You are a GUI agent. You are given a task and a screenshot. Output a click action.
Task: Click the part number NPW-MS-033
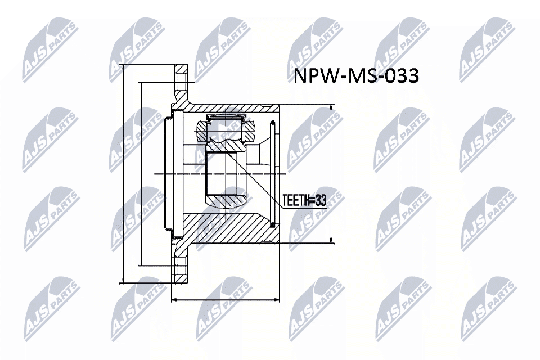click(357, 76)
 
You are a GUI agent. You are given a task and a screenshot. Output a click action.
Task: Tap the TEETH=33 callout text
click(304, 200)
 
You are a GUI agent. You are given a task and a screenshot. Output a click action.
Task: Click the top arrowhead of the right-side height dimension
click(331, 107)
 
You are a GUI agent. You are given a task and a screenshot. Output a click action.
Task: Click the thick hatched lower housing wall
click(225, 228)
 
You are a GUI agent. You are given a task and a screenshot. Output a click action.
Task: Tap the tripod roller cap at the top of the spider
click(224, 118)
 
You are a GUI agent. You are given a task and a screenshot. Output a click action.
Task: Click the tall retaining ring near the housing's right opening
click(273, 174)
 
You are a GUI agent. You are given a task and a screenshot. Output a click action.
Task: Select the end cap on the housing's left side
click(166, 174)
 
